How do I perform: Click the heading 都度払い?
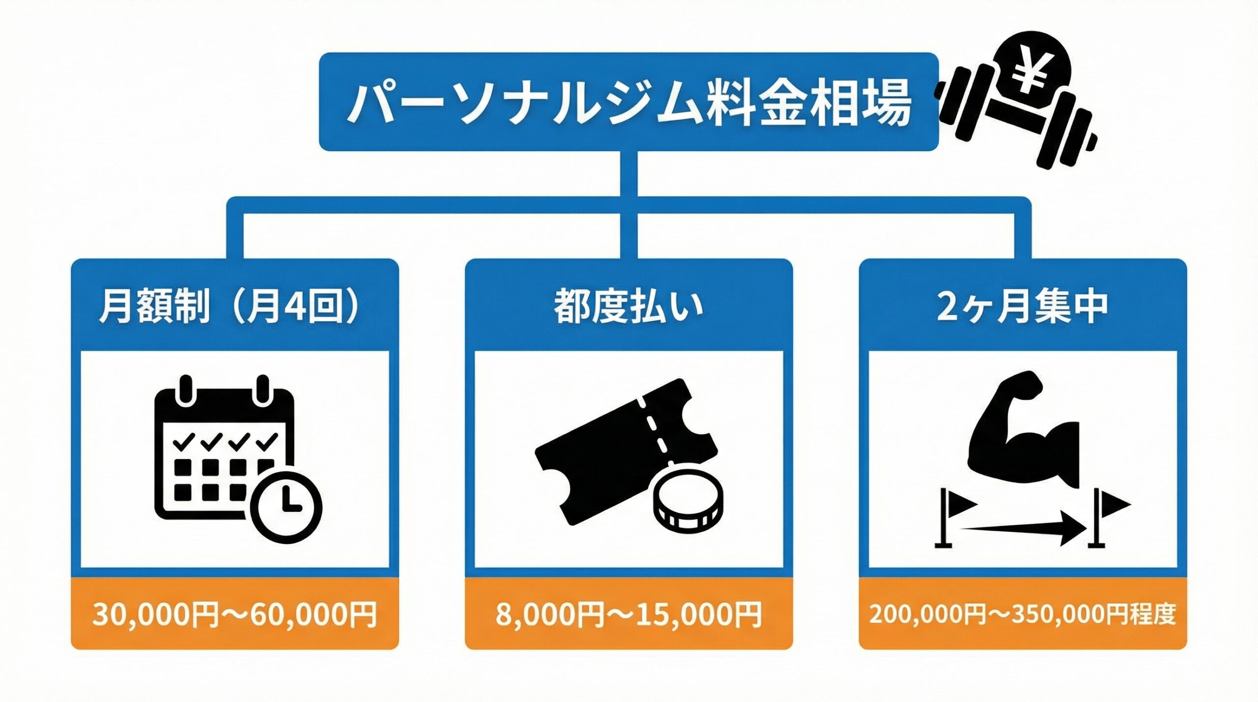tap(629, 307)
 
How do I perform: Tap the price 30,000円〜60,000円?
tap(234, 614)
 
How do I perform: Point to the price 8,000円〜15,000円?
tap(629, 614)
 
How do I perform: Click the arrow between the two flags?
tap(1022, 528)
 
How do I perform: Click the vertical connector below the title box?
tap(629, 174)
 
